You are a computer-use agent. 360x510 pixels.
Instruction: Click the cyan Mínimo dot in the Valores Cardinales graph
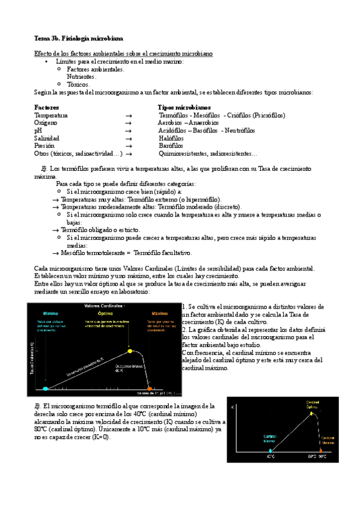click(x=46, y=388)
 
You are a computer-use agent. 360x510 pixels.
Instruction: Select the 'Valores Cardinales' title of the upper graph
click(x=103, y=306)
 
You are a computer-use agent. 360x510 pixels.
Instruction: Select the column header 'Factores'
click(x=47, y=106)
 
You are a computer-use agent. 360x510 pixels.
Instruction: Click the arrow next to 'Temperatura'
click(x=128, y=115)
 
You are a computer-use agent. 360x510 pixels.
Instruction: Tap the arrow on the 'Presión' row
click(x=128, y=146)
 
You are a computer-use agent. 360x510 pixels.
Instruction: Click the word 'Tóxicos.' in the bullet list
click(x=78, y=84)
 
